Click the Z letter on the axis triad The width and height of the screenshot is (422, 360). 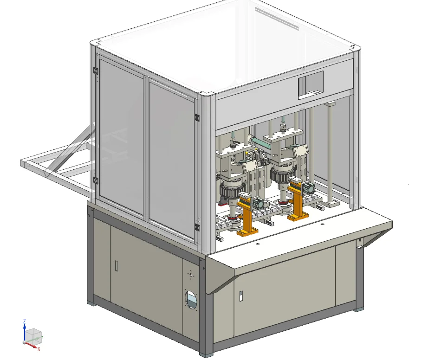click(x=25, y=321)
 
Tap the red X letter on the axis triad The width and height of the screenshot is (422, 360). click(x=39, y=349)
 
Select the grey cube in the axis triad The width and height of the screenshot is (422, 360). click(x=34, y=335)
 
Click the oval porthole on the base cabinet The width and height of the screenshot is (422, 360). click(x=191, y=300)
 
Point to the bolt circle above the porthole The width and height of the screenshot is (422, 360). click(x=191, y=275)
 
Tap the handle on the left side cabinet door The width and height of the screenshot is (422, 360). click(x=116, y=266)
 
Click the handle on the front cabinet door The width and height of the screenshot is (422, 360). click(x=241, y=296)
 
